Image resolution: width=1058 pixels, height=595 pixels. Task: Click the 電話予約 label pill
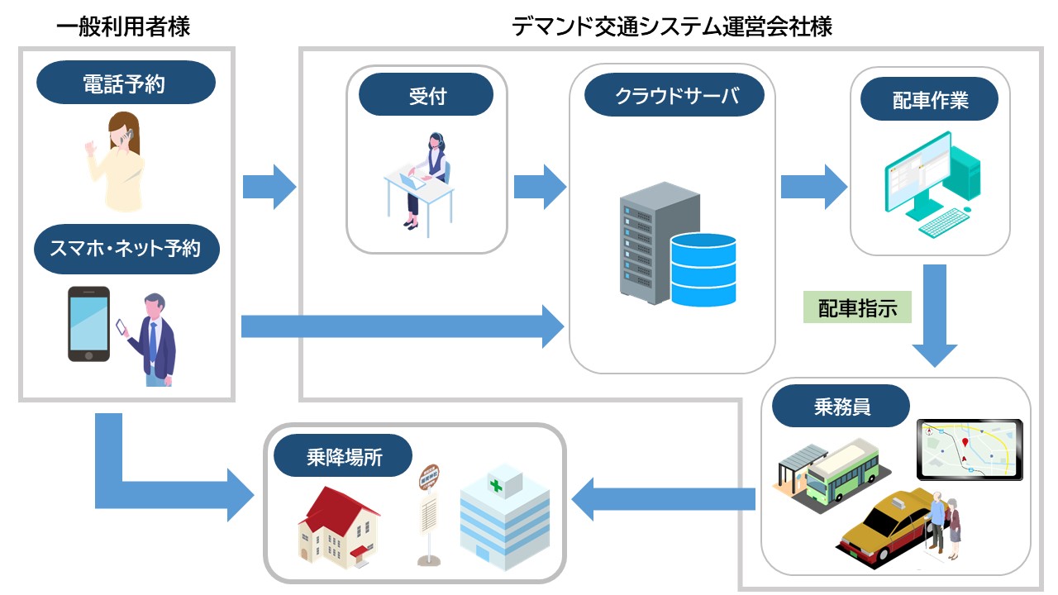click(126, 83)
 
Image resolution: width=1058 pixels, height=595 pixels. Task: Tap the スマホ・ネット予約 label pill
click(126, 247)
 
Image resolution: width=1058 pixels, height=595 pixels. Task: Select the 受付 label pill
click(426, 96)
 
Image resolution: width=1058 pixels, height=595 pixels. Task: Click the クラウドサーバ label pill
click(674, 96)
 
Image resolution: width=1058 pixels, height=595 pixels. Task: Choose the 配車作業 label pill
click(930, 102)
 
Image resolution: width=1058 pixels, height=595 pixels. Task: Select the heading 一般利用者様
click(124, 26)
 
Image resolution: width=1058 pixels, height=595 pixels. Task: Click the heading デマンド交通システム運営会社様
click(671, 26)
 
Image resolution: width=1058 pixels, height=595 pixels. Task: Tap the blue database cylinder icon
click(703, 269)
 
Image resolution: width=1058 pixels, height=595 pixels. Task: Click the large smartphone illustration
click(88, 323)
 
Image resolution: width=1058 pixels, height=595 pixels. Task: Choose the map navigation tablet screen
click(970, 450)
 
